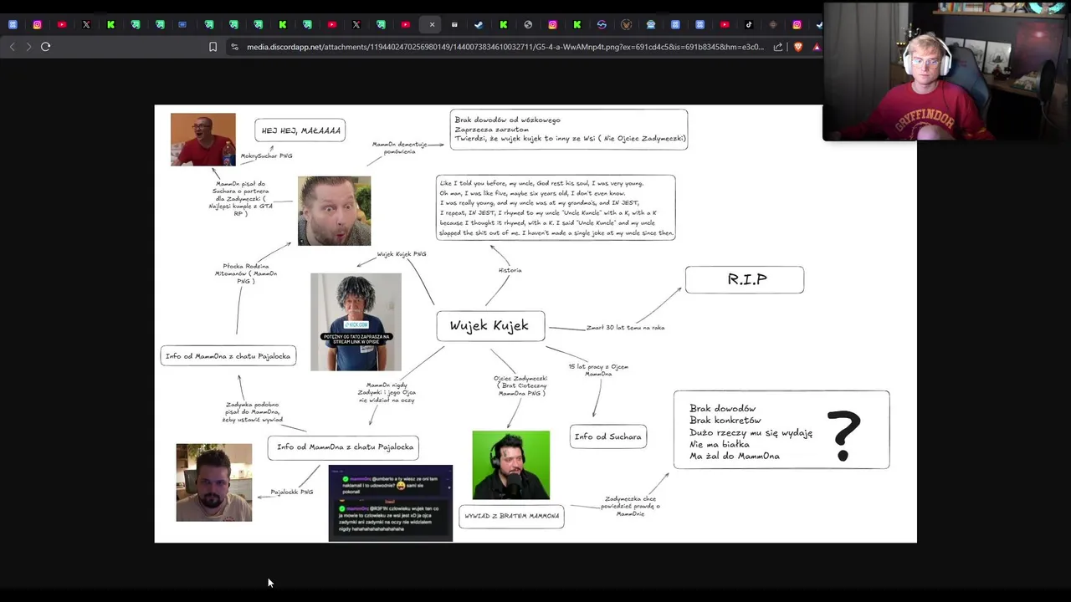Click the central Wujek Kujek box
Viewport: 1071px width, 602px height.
click(x=489, y=326)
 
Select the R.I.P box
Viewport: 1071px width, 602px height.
click(x=745, y=280)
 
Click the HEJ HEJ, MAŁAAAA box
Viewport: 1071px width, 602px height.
click(x=300, y=130)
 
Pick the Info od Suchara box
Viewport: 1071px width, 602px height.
click(x=607, y=436)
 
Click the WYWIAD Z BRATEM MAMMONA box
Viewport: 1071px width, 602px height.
click(x=511, y=516)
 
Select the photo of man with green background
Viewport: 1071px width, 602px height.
click(x=510, y=465)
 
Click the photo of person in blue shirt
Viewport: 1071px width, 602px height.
click(x=356, y=322)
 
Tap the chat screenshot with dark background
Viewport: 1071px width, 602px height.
click(x=390, y=503)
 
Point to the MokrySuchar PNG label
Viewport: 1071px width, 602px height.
click(x=266, y=156)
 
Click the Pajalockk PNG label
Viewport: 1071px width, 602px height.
click(x=291, y=492)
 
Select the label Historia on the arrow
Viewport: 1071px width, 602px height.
click(x=510, y=270)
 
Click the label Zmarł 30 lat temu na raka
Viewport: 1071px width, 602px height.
click(x=625, y=328)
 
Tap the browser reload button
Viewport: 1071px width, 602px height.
click(x=46, y=47)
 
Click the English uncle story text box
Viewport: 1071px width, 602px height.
click(x=556, y=207)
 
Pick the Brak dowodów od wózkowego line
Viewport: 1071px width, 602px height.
click(x=507, y=120)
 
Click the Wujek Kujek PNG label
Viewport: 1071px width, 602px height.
click(x=401, y=254)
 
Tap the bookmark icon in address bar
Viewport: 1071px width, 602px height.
click(x=213, y=47)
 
